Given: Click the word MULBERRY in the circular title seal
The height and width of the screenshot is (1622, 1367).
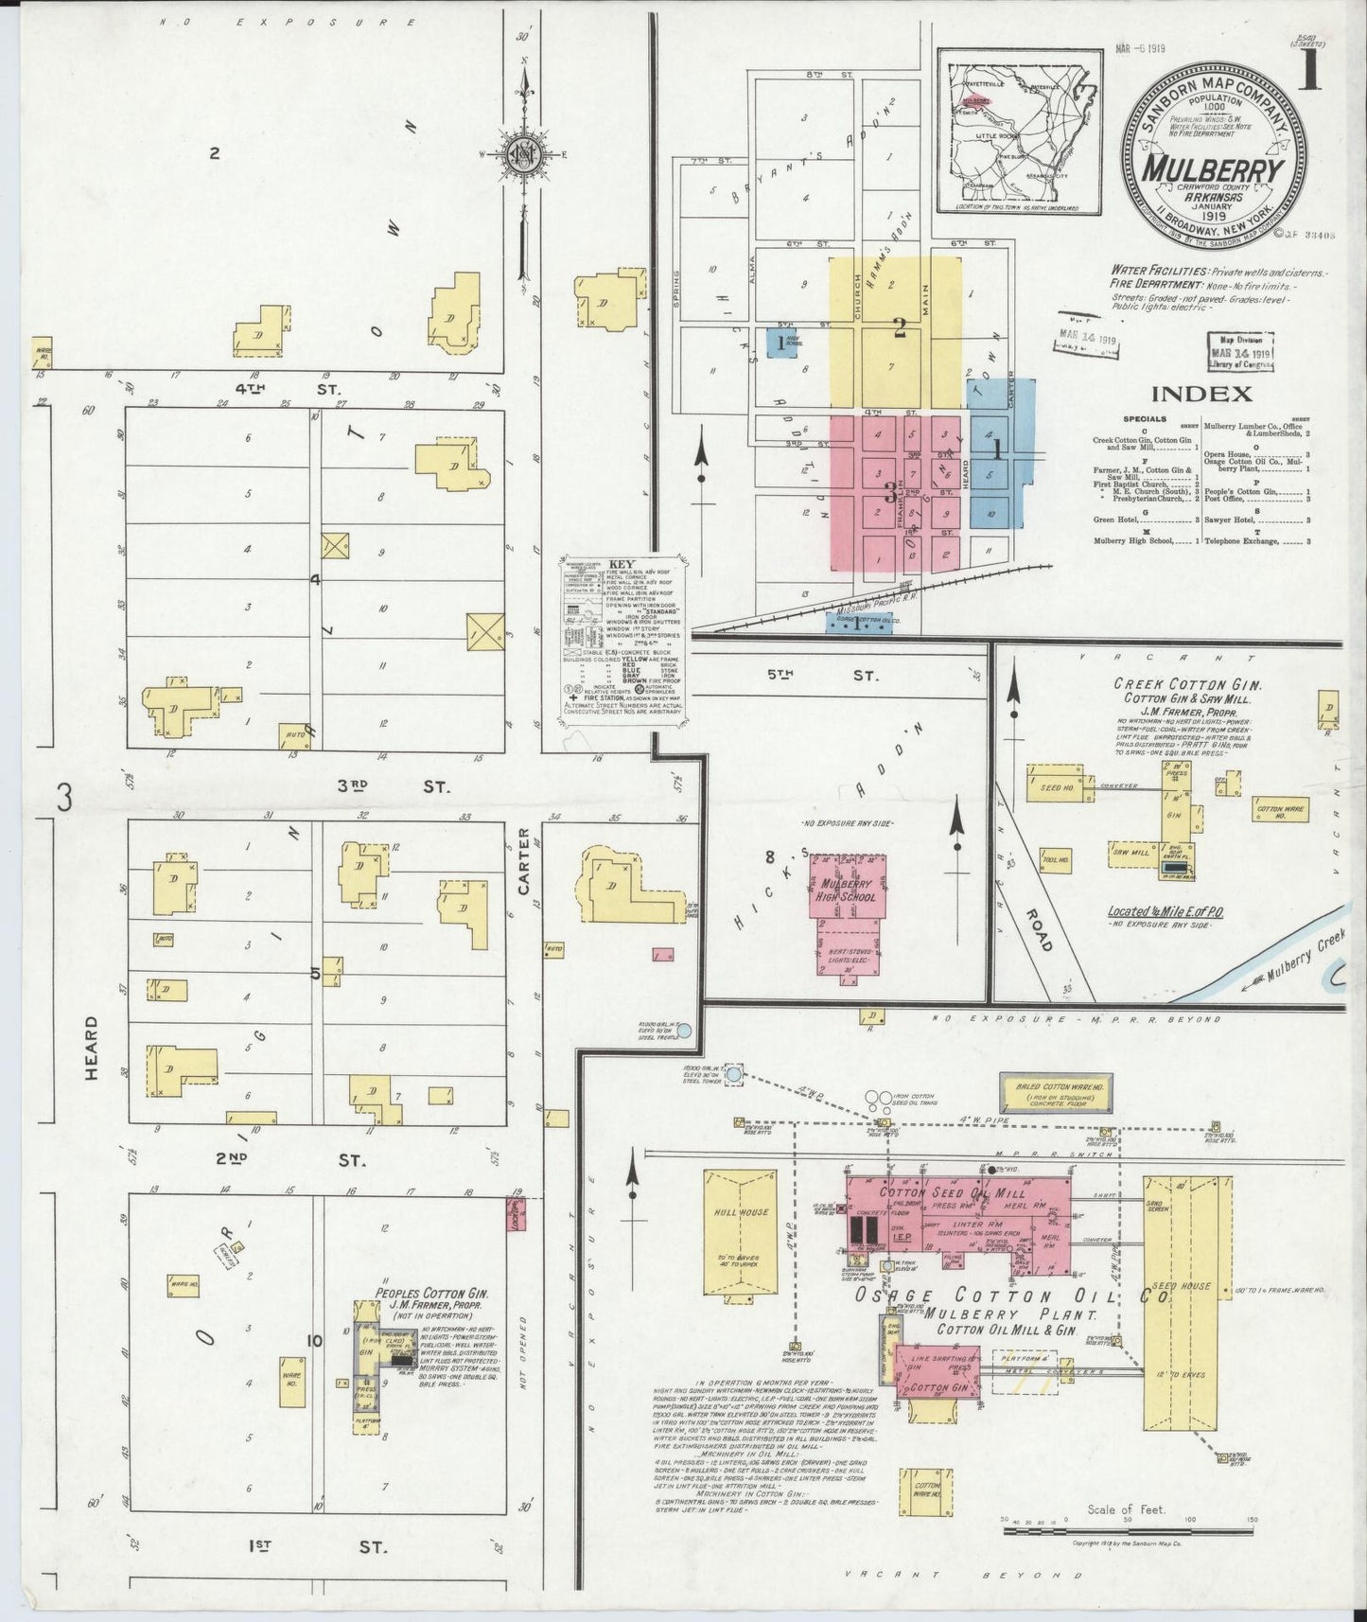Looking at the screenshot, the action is point(1215,169).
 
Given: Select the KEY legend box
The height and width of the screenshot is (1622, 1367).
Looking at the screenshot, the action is point(623,640).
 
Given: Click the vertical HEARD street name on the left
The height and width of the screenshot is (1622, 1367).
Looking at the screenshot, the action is point(92,1049).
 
